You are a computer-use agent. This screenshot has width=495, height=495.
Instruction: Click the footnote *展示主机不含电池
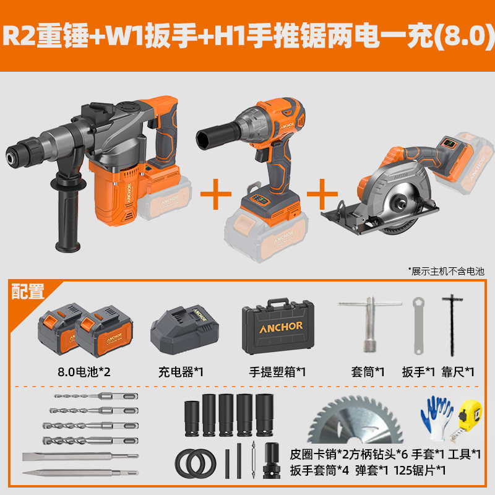point(445,271)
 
